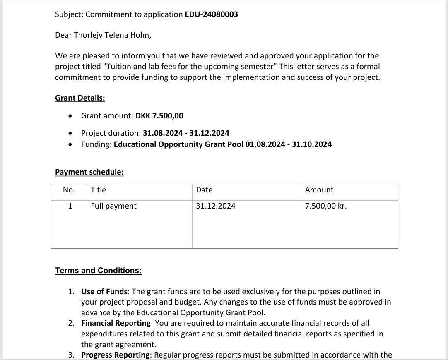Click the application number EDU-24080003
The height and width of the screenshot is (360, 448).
tap(211, 14)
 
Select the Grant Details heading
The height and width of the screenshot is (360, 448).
tap(80, 98)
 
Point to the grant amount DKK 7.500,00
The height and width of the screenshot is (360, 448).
tap(159, 116)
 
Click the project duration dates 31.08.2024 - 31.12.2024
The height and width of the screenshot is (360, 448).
tap(186, 133)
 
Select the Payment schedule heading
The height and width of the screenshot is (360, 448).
tap(89, 172)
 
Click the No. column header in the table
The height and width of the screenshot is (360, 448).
tap(69, 190)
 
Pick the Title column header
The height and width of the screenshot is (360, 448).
tap(99, 190)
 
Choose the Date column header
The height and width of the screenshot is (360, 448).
tap(204, 190)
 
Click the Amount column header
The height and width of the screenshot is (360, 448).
tap(319, 190)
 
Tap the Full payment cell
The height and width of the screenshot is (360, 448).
tap(113, 206)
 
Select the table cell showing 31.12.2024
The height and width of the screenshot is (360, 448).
tap(216, 206)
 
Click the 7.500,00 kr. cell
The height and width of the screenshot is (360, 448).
tap(326, 206)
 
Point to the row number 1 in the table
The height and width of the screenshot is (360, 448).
tap(70, 206)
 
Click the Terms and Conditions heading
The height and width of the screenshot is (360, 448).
tap(98, 271)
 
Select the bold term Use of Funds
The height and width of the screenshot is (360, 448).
tap(104, 292)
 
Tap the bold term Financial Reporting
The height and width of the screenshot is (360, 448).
tap(115, 323)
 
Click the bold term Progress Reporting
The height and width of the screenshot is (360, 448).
tap(115, 355)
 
